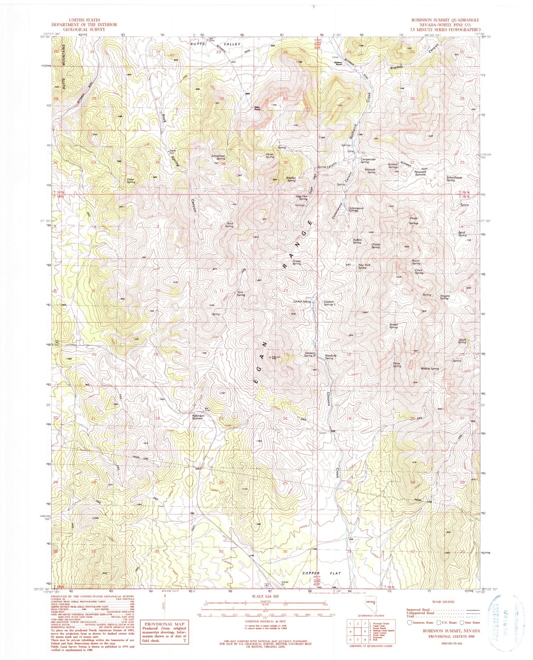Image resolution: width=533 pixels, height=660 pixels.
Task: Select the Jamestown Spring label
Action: click(218, 157)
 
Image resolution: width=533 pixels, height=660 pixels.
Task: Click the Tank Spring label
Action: click(241, 294)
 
